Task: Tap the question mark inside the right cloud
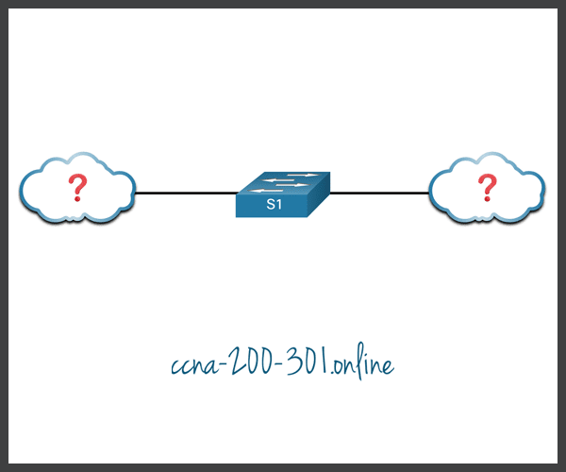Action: coord(487,187)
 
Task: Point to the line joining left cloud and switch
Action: coord(185,194)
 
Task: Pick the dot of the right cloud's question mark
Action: coord(487,201)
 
